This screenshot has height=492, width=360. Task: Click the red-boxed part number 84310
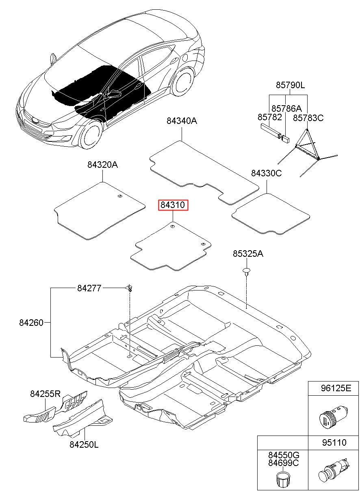[x=173, y=205]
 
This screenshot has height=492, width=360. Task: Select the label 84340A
[x=182, y=121]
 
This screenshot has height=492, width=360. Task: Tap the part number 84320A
[x=102, y=165]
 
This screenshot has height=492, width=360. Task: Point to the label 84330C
[x=267, y=173]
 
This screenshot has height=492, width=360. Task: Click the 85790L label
[x=291, y=85]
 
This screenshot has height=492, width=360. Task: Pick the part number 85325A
[x=248, y=254]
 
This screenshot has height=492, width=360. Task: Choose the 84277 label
[x=89, y=288]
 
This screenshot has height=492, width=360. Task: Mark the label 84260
[x=31, y=323]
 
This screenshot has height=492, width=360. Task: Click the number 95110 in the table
[x=334, y=442]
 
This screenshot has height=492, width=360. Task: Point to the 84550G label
[x=284, y=455]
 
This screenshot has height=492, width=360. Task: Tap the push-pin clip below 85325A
[x=247, y=271]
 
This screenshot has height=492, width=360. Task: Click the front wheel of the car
[x=91, y=135]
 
